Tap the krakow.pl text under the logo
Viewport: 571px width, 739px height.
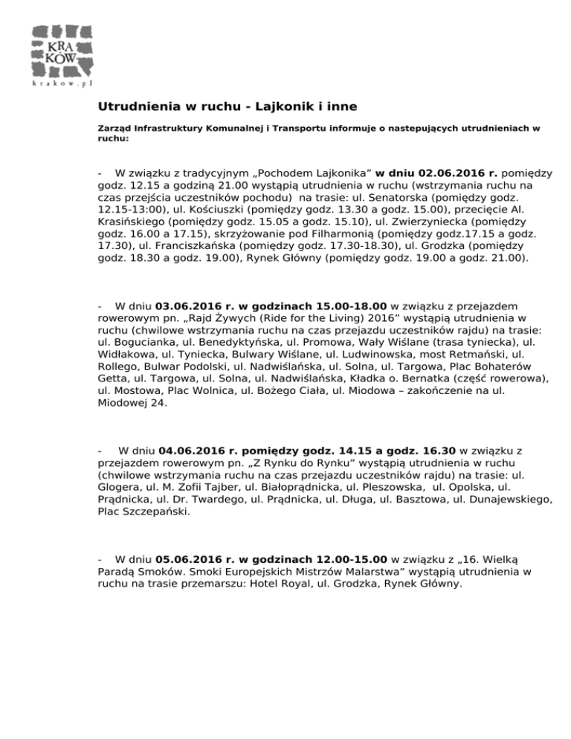pos(62,85)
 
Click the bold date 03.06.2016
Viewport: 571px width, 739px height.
pos(190,306)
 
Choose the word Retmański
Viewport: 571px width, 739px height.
pos(471,365)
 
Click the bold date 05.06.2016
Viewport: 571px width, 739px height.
pos(190,558)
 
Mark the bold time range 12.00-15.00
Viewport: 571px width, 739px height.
pos(346,558)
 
